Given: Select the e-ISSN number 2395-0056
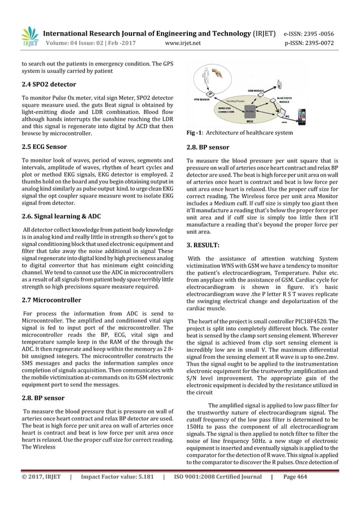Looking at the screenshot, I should coord(318,32).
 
